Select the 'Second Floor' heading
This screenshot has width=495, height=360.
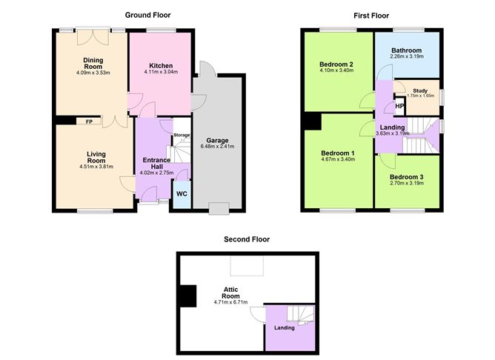[x=247, y=239]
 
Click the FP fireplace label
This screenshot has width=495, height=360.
[x=89, y=121]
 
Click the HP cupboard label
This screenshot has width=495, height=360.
[x=399, y=107]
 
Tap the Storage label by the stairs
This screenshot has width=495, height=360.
[x=182, y=136]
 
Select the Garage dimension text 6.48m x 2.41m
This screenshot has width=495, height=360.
[x=217, y=147]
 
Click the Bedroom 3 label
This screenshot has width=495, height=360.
[x=407, y=177]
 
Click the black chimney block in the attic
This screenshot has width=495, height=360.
[x=187, y=296]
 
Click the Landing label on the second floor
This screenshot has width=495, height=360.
[x=285, y=327]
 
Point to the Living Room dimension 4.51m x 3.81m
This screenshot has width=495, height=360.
[x=96, y=167]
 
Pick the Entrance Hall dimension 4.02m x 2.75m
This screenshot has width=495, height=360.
[x=156, y=173]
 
